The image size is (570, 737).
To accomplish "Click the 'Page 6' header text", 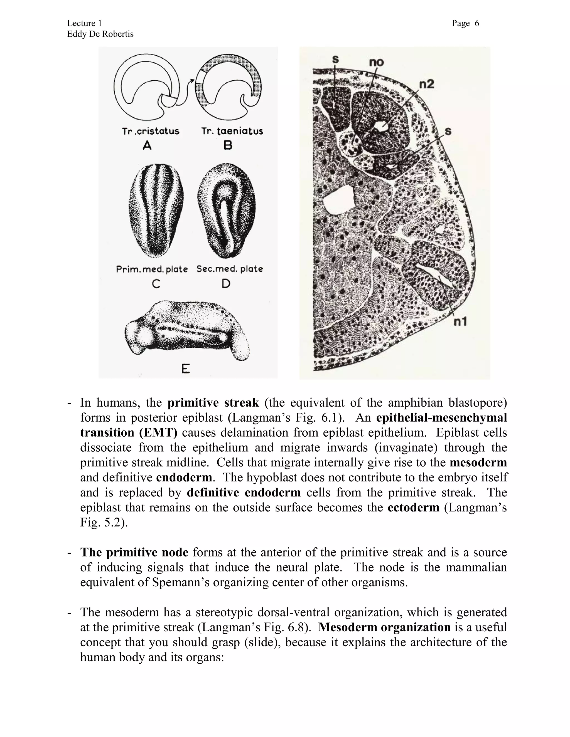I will click(x=465, y=23).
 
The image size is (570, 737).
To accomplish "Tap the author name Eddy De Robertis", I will click(x=100, y=34).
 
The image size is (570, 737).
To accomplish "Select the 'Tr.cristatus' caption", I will click(x=151, y=131).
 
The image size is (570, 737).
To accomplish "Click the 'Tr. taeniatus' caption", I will click(x=232, y=131).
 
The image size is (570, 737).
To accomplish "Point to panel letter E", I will click(x=185, y=369).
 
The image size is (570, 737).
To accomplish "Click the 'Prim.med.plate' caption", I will click(x=152, y=269).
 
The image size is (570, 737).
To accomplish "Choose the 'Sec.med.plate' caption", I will click(x=230, y=269).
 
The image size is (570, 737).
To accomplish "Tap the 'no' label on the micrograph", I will click(x=376, y=62).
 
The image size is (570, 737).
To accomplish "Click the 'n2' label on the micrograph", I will click(x=426, y=84).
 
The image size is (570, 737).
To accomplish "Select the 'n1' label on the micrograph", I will click(x=460, y=321).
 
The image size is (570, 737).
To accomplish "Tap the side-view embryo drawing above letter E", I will click(x=187, y=331).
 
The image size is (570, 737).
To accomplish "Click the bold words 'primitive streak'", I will click(x=213, y=403).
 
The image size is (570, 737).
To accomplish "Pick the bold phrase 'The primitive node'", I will click(x=134, y=552).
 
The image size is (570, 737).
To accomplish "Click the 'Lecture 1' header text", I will click(x=84, y=23).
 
